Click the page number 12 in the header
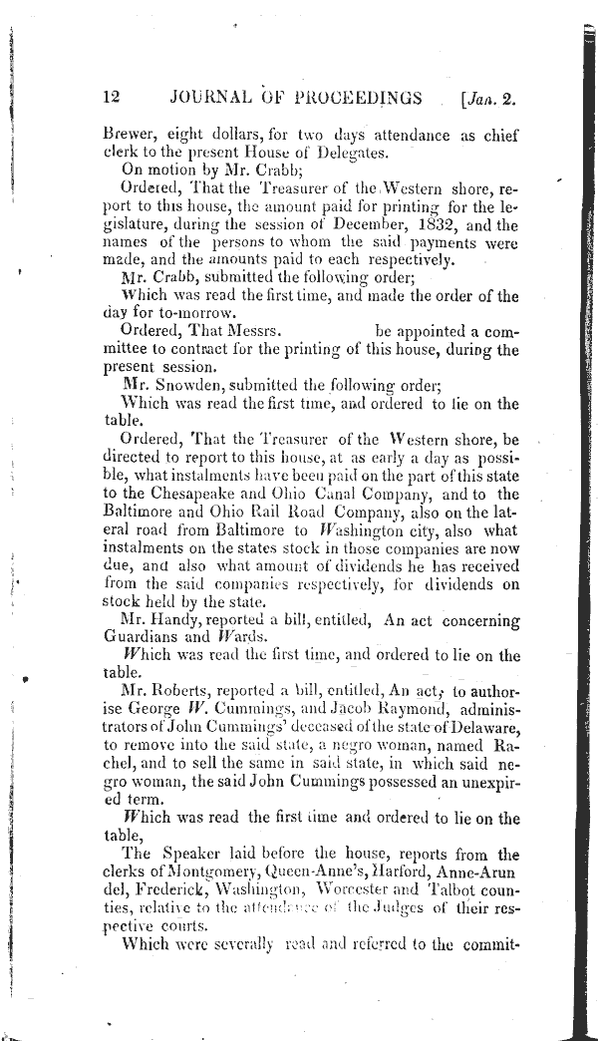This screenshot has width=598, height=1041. coord(111,97)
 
